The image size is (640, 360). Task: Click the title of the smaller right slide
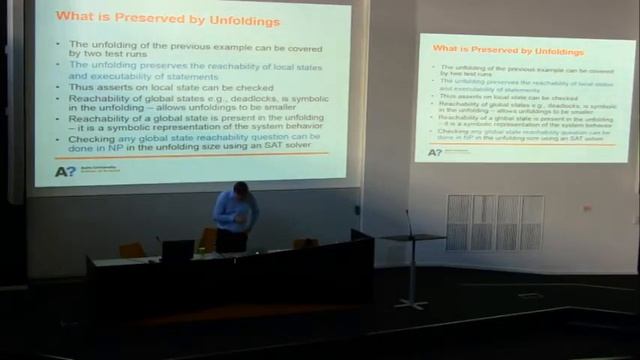coord(493,49)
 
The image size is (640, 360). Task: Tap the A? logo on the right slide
coord(434,152)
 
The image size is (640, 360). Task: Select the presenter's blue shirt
coord(236,211)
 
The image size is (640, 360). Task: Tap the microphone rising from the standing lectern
coord(408,221)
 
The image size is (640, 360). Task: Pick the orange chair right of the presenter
coord(305,243)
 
